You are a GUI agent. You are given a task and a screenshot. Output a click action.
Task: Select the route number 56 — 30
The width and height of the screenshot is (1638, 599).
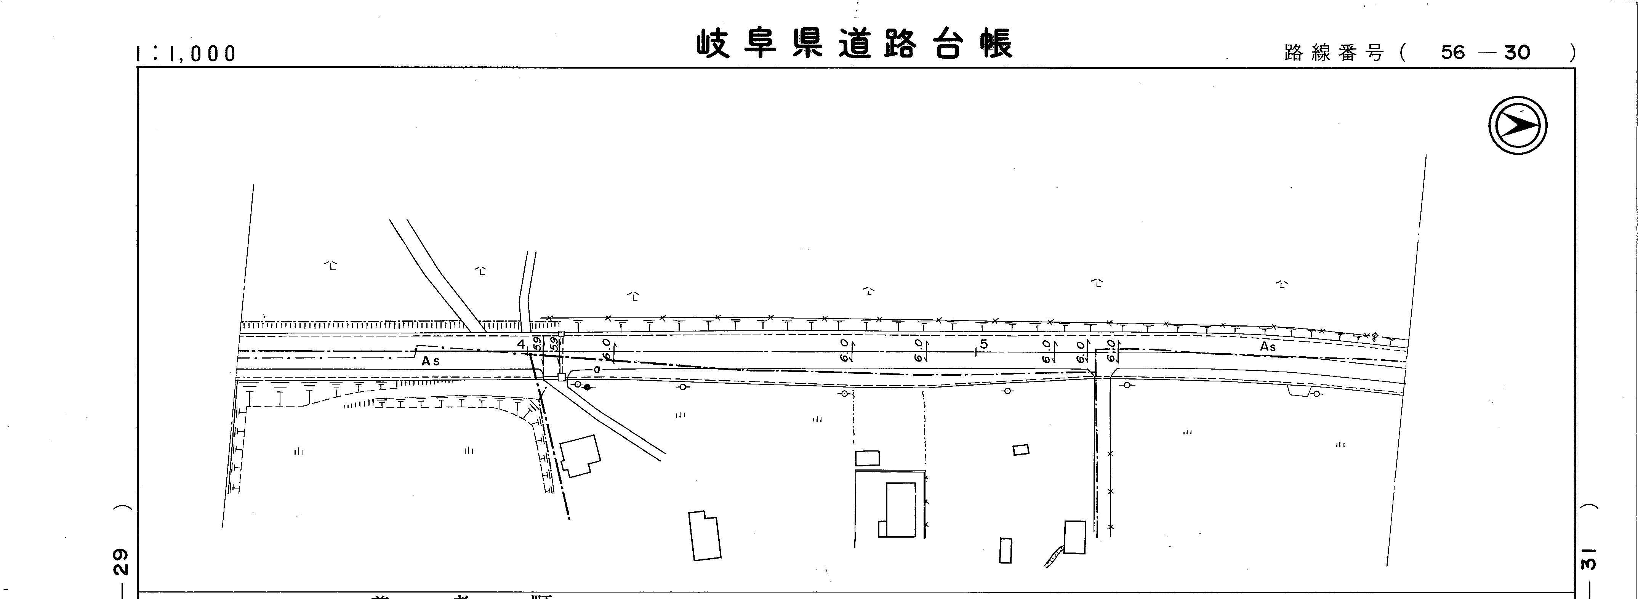click(x=1485, y=52)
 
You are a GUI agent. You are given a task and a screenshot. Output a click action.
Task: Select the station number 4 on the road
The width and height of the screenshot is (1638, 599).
click(x=521, y=344)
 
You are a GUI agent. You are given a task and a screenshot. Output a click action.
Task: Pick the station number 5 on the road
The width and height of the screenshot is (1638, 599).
click(x=984, y=344)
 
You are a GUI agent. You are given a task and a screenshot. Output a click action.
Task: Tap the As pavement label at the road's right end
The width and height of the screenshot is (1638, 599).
click(x=1268, y=346)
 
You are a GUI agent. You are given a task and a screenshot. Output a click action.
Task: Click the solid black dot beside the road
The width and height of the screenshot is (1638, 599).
click(x=587, y=387)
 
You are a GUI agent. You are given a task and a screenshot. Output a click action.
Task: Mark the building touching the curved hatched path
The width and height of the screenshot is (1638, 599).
click(x=1074, y=537)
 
